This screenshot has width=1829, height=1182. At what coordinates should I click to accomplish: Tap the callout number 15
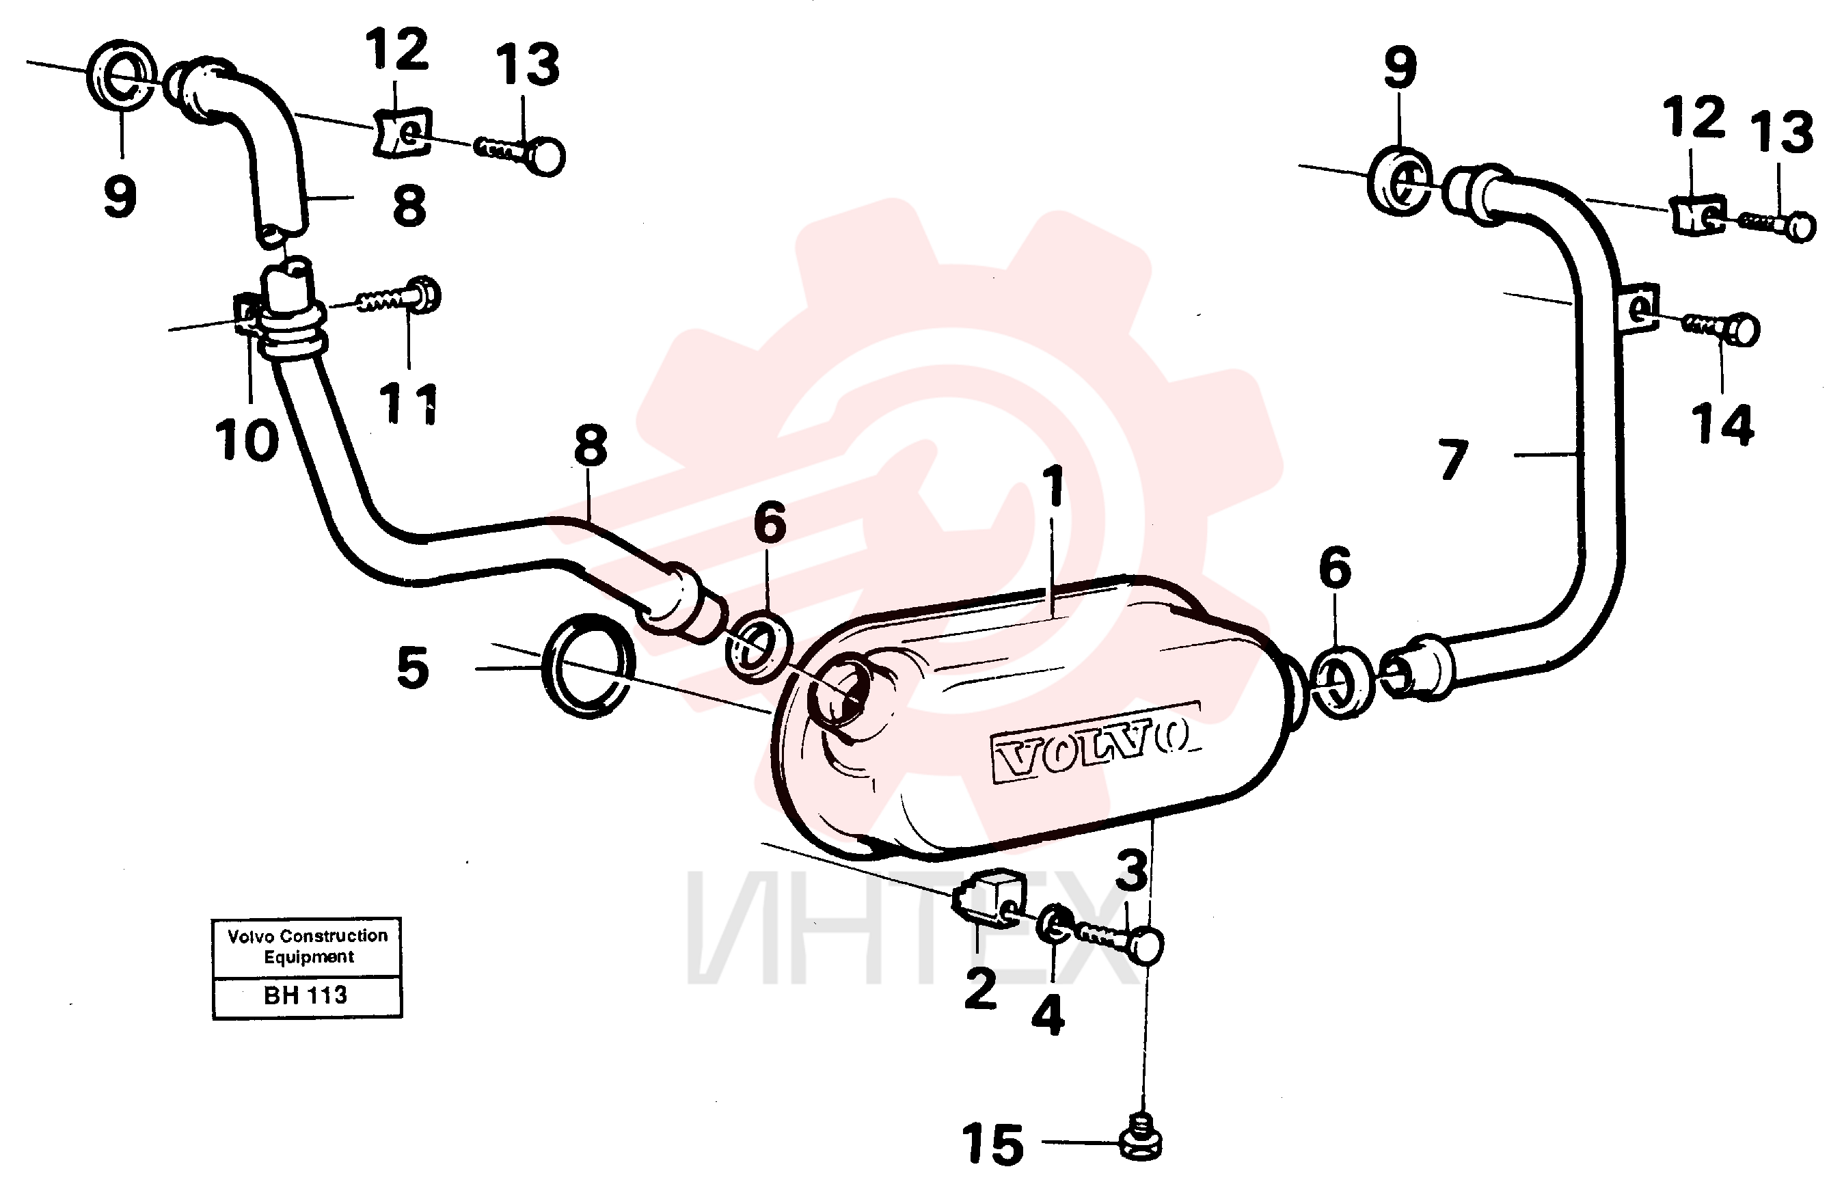(992, 1144)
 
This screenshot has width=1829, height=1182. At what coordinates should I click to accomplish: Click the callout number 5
(413, 668)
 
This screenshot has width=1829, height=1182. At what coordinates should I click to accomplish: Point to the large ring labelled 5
(588, 667)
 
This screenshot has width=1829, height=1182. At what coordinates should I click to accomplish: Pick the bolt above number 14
(1720, 329)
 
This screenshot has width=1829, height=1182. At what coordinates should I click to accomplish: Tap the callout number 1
(1055, 485)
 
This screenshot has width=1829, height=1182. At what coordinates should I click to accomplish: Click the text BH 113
(306, 995)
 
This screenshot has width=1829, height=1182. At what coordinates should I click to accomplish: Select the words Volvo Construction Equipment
(308, 945)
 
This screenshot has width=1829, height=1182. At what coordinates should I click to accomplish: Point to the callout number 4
(1047, 1014)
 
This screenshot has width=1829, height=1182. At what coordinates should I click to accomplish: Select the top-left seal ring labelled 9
(121, 75)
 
